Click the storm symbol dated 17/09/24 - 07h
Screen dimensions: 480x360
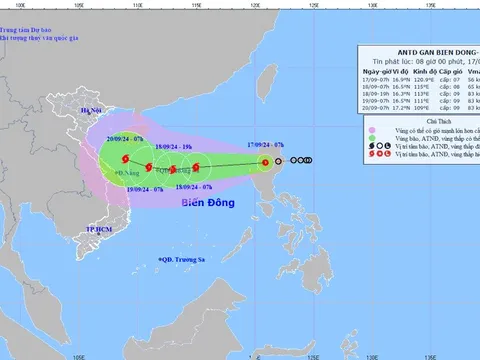(265, 160)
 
